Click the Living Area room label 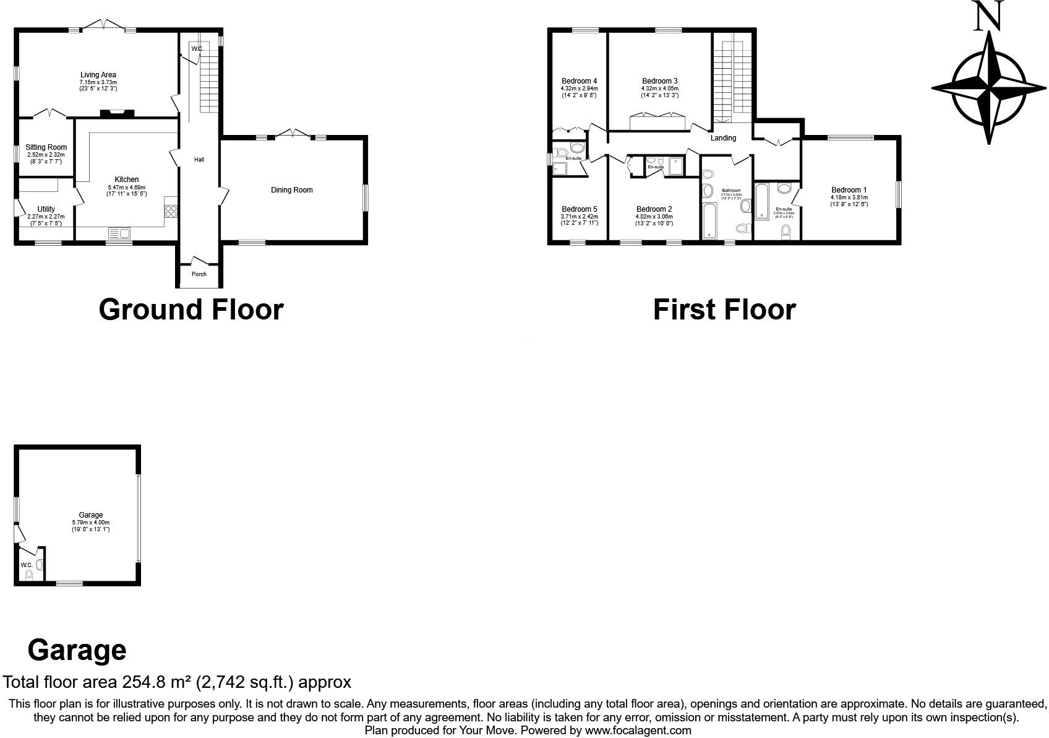[x=98, y=75]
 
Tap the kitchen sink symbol [x=119, y=233]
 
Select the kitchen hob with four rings [x=171, y=211]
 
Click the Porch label [x=199, y=274]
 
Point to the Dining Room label [x=291, y=190]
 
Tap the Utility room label [x=46, y=209]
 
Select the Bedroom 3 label [x=659, y=81]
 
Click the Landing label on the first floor [x=722, y=138]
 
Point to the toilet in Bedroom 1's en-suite [x=786, y=232]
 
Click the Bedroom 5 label [x=579, y=209]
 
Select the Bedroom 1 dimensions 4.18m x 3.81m [x=849, y=198]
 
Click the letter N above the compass [x=988, y=17]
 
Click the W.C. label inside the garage [x=27, y=565]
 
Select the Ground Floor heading [x=191, y=310]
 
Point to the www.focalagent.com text [x=638, y=731]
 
